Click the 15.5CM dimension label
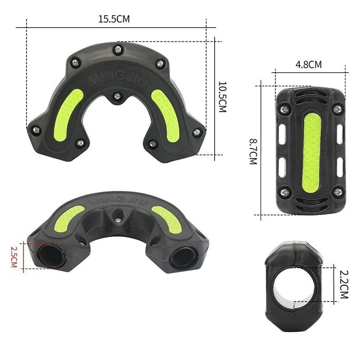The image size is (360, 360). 114,19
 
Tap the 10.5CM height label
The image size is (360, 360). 222,97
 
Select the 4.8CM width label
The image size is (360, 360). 308,64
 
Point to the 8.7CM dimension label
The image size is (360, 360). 253,152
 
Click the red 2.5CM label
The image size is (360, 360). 14,257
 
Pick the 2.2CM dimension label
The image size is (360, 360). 344,284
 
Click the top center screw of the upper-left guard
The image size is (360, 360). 118,49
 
